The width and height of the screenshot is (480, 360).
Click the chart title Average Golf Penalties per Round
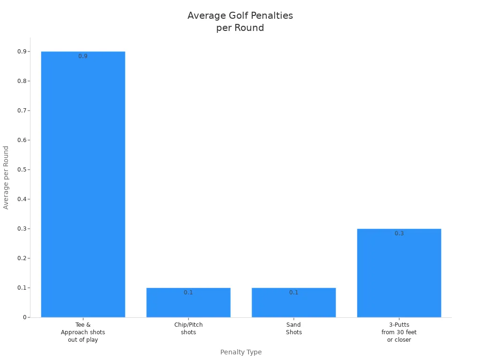click(240, 22)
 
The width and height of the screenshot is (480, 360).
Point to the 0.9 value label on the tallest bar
click(83, 56)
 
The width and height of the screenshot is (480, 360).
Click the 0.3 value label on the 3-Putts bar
click(399, 233)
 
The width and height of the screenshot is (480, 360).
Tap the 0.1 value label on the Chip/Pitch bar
click(188, 292)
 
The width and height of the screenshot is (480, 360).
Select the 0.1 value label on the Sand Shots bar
click(293, 292)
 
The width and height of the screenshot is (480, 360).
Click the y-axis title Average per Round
click(6, 178)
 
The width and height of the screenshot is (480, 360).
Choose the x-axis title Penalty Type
click(241, 352)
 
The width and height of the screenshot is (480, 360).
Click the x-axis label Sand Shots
click(293, 329)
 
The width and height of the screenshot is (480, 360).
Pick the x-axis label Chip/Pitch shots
click(188, 329)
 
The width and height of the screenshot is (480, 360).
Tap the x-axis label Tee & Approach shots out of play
click(83, 332)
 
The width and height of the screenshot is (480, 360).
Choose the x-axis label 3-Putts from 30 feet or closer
click(399, 332)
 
